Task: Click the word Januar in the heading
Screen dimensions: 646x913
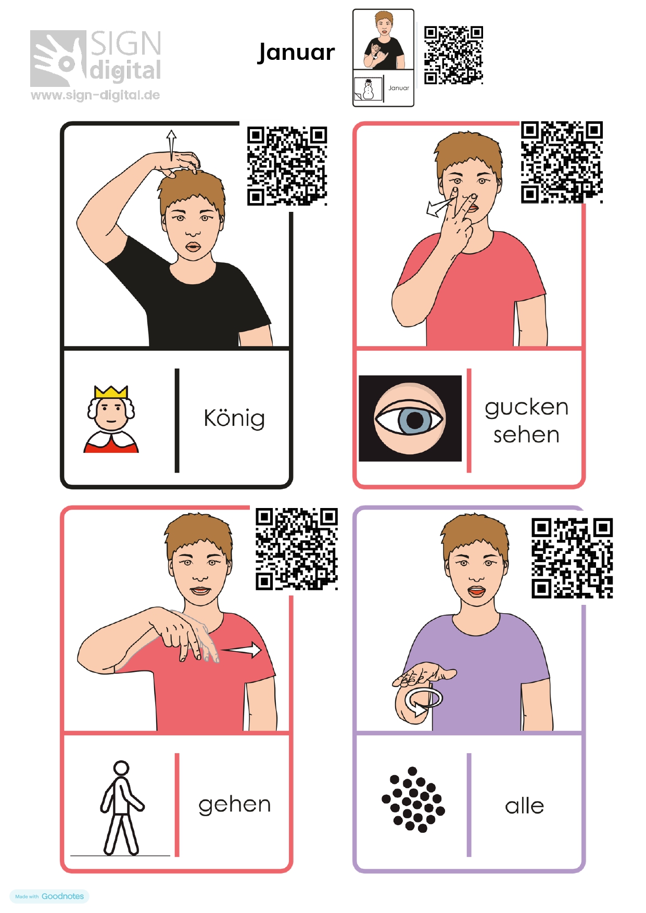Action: point(296,53)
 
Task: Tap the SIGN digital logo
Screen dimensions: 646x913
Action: point(96,58)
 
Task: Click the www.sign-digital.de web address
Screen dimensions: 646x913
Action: point(95,95)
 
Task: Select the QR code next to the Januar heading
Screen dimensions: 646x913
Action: point(453,55)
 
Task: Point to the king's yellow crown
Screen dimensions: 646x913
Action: point(111,391)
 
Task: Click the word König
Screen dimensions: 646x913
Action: point(234,418)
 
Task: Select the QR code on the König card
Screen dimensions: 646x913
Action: point(287,166)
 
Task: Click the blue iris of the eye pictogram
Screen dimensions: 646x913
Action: point(414,420)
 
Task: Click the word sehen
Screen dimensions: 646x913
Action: point(526,435)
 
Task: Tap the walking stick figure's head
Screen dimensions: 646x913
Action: point(121,768)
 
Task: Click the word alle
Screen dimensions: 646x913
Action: point(524,806)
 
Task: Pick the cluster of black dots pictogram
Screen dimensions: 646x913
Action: point(413,800)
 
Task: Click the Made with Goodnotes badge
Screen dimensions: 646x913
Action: point(49,896)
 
